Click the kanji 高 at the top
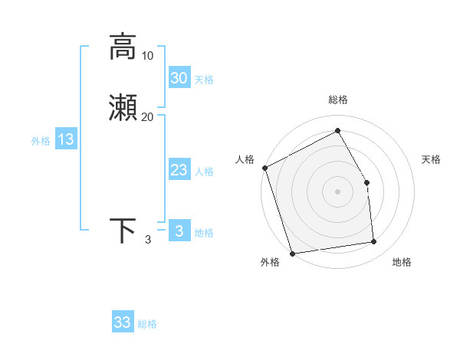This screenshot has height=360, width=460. [123, 46]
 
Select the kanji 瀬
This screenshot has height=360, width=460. [123, 109]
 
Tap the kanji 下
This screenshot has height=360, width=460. [123, 231]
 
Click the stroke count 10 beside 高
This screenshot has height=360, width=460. [148, 56]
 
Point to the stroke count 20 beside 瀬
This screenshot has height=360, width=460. [148, 117]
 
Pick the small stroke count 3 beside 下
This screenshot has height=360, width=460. [147, 241]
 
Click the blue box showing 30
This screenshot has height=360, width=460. [179, 78]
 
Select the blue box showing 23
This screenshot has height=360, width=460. [179, 170]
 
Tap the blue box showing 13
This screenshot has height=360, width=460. [66, 139]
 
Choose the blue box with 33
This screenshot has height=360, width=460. [123, 322]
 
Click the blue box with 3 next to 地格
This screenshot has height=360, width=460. [179, 231]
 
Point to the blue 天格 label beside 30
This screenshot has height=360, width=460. [205, 80]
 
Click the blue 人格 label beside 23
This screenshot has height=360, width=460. [205, 172]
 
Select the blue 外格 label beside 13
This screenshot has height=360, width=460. [41, 141]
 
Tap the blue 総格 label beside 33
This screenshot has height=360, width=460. [148, 324]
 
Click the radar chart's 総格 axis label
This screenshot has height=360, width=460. [338, 100]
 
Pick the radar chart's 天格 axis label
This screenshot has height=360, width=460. [432, 159]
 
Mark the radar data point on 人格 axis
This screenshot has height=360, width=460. [264, 168]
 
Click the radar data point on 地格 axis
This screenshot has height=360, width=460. [374, 242]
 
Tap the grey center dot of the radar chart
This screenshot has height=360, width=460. [338, 191]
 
